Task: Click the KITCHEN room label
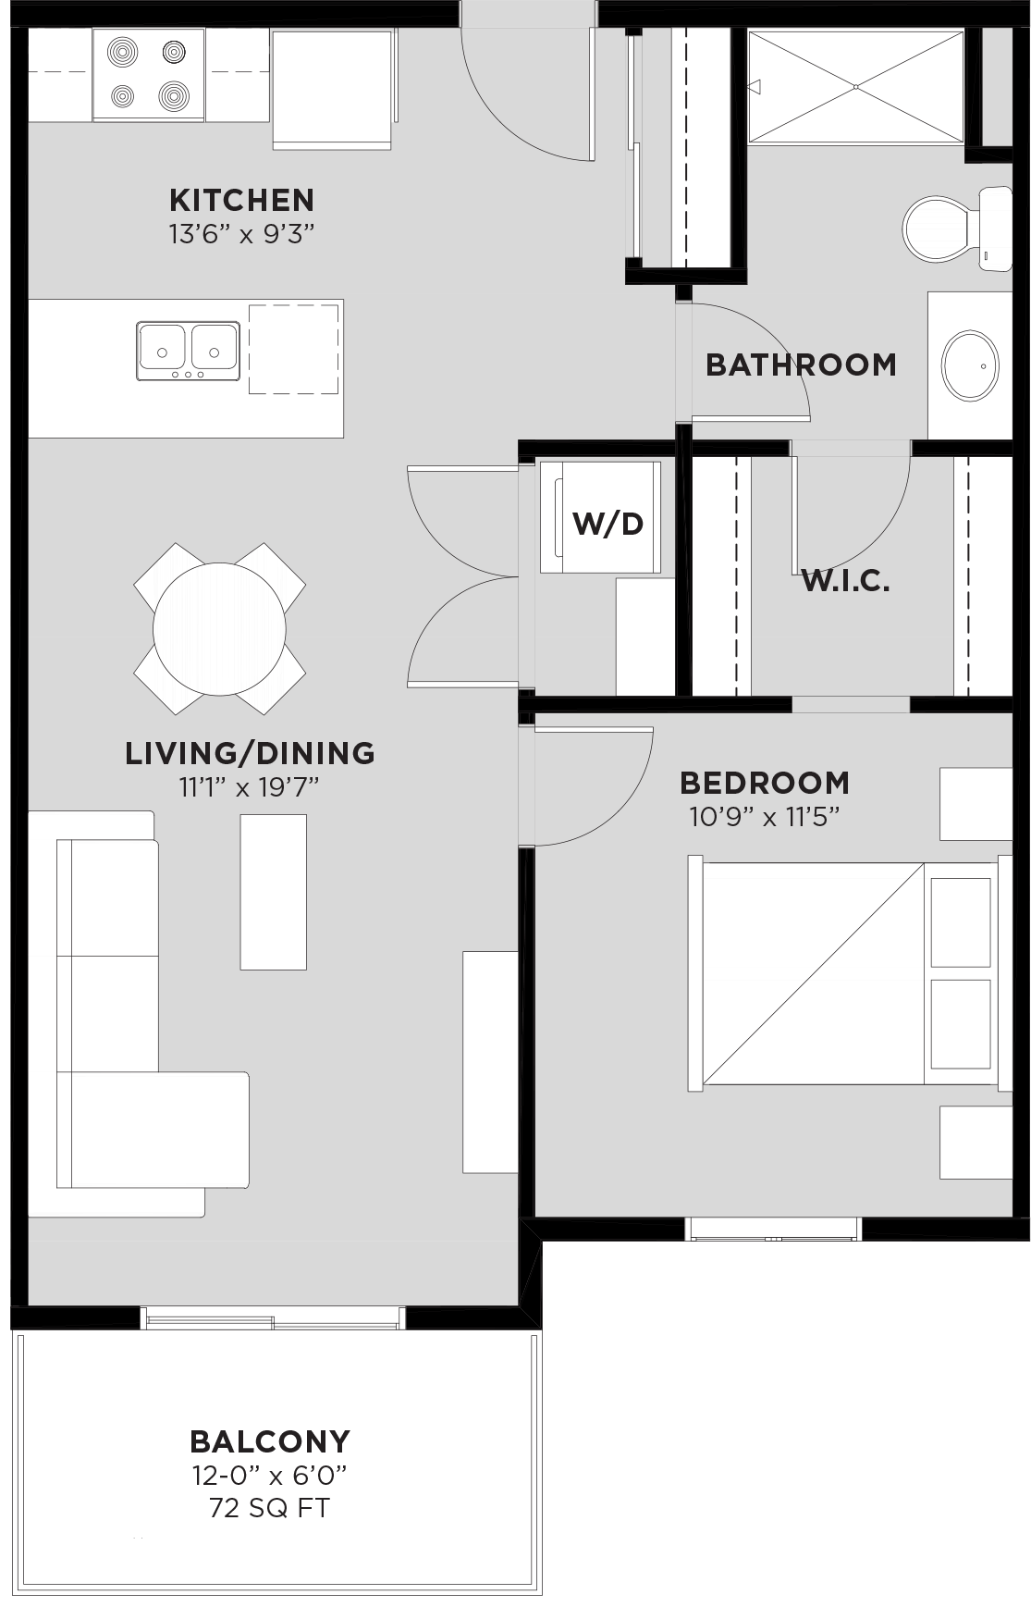click(241, 200)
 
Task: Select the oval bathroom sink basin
click(970, 365)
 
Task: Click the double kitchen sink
click(189, 351)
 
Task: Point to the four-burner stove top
click(148, 73)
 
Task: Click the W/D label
click(608, 524)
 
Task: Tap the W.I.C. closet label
click(845, 581)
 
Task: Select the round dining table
click(219, 629)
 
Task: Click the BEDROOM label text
click(765, 783)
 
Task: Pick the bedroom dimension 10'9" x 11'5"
click(764, 817)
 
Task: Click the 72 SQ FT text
click(269, 1508)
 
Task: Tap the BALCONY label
click(270, 1441)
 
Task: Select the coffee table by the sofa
click(273, 892)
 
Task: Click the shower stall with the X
click(856, 87)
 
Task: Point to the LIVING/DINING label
click(251, 753)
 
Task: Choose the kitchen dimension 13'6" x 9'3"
click(241, 234)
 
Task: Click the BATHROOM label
click(801, 365)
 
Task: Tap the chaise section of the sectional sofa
click(153, 1130)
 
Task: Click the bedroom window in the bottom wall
click(773, 1230)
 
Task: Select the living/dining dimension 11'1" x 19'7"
click(249, 787)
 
